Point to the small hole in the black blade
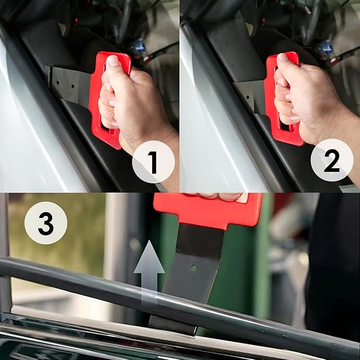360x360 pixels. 194,267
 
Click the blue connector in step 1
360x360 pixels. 138,47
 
